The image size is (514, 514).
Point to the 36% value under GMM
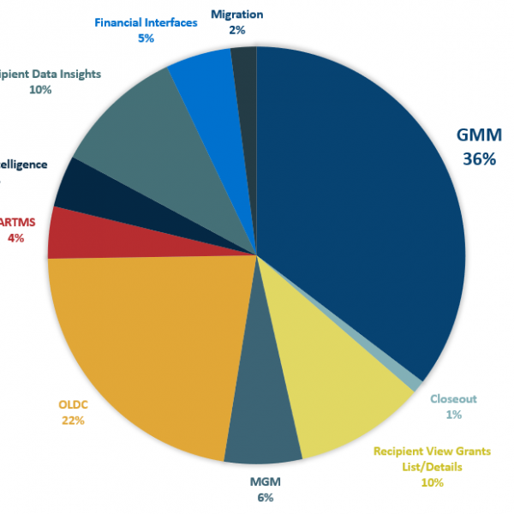[475, 159]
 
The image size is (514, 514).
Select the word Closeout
[453, 398]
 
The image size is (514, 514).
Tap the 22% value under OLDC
[73, 420]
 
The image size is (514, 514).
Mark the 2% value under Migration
[236, 29]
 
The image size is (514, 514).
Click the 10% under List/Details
[432, 482]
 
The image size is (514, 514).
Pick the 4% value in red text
[15, 238]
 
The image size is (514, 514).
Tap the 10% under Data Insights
[39, 89]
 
